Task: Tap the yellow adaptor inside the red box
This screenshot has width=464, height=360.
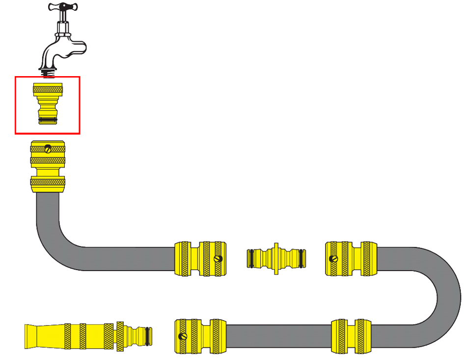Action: [48, 103]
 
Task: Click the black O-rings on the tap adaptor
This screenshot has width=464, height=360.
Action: [48, 119]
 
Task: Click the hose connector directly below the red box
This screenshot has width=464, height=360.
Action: [48, 166]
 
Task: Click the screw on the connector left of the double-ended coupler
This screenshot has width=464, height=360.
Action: [218, 258]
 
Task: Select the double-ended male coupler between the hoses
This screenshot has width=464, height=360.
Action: [276, 257]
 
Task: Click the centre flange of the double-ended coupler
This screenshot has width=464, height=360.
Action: [276, 257]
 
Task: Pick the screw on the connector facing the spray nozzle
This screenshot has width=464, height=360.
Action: [184, 337]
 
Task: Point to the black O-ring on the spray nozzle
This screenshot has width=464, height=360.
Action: [148, 336]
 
